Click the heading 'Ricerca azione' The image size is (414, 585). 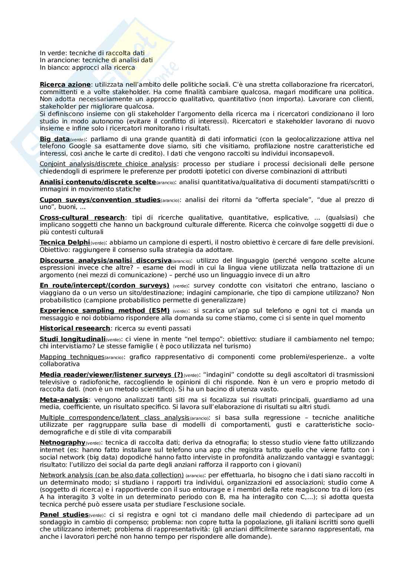65,84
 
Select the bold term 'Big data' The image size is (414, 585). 55,139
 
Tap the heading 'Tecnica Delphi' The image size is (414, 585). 65,242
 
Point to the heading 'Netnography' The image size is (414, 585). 62,442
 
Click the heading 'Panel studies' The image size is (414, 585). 64,515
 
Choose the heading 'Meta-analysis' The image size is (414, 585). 64,400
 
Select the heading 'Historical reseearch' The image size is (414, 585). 75,328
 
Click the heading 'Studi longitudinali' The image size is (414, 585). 73,339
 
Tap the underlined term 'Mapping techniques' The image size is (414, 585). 72,357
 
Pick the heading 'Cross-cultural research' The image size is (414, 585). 82,217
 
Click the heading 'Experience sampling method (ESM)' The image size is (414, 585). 105,310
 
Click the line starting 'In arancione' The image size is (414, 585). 96,60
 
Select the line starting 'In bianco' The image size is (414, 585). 87,67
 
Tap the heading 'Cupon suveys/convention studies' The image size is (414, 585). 100,200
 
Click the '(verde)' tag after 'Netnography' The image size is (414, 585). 93,443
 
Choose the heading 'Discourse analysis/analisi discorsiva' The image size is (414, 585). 106,260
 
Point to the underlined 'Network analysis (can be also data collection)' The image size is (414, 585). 112,475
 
